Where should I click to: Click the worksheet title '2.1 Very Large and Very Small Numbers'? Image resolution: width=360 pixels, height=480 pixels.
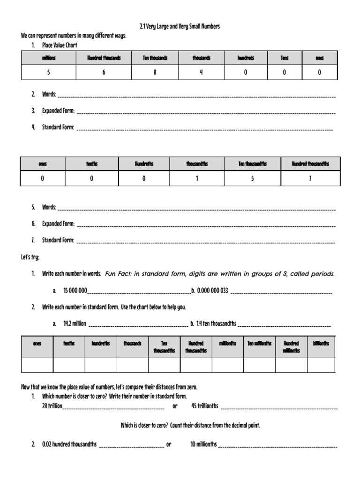180,27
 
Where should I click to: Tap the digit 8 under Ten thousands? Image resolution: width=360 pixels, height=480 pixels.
155,73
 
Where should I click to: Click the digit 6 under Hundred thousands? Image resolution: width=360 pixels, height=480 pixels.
104,73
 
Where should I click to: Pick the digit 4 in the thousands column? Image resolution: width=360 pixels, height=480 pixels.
201,73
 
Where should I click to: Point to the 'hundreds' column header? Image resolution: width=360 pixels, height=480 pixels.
246,58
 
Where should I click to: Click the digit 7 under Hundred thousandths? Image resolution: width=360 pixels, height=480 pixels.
310,179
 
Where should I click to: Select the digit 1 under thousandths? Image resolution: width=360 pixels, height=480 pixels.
197,179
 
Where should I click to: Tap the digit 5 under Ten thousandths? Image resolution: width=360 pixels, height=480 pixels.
253,179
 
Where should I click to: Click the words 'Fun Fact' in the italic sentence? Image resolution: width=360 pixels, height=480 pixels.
117,274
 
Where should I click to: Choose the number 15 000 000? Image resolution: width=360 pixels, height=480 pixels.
75,291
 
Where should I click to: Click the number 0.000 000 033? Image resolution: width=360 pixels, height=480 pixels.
212,291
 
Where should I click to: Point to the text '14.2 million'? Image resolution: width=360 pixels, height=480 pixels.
75,323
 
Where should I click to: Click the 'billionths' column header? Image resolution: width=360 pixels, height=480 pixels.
321,344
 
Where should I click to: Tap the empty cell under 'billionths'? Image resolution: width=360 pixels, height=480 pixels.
321,365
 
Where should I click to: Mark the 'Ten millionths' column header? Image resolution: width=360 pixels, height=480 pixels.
259,344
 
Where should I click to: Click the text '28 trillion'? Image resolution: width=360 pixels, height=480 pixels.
52,406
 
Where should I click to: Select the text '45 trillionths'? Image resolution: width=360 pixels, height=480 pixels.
205,406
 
